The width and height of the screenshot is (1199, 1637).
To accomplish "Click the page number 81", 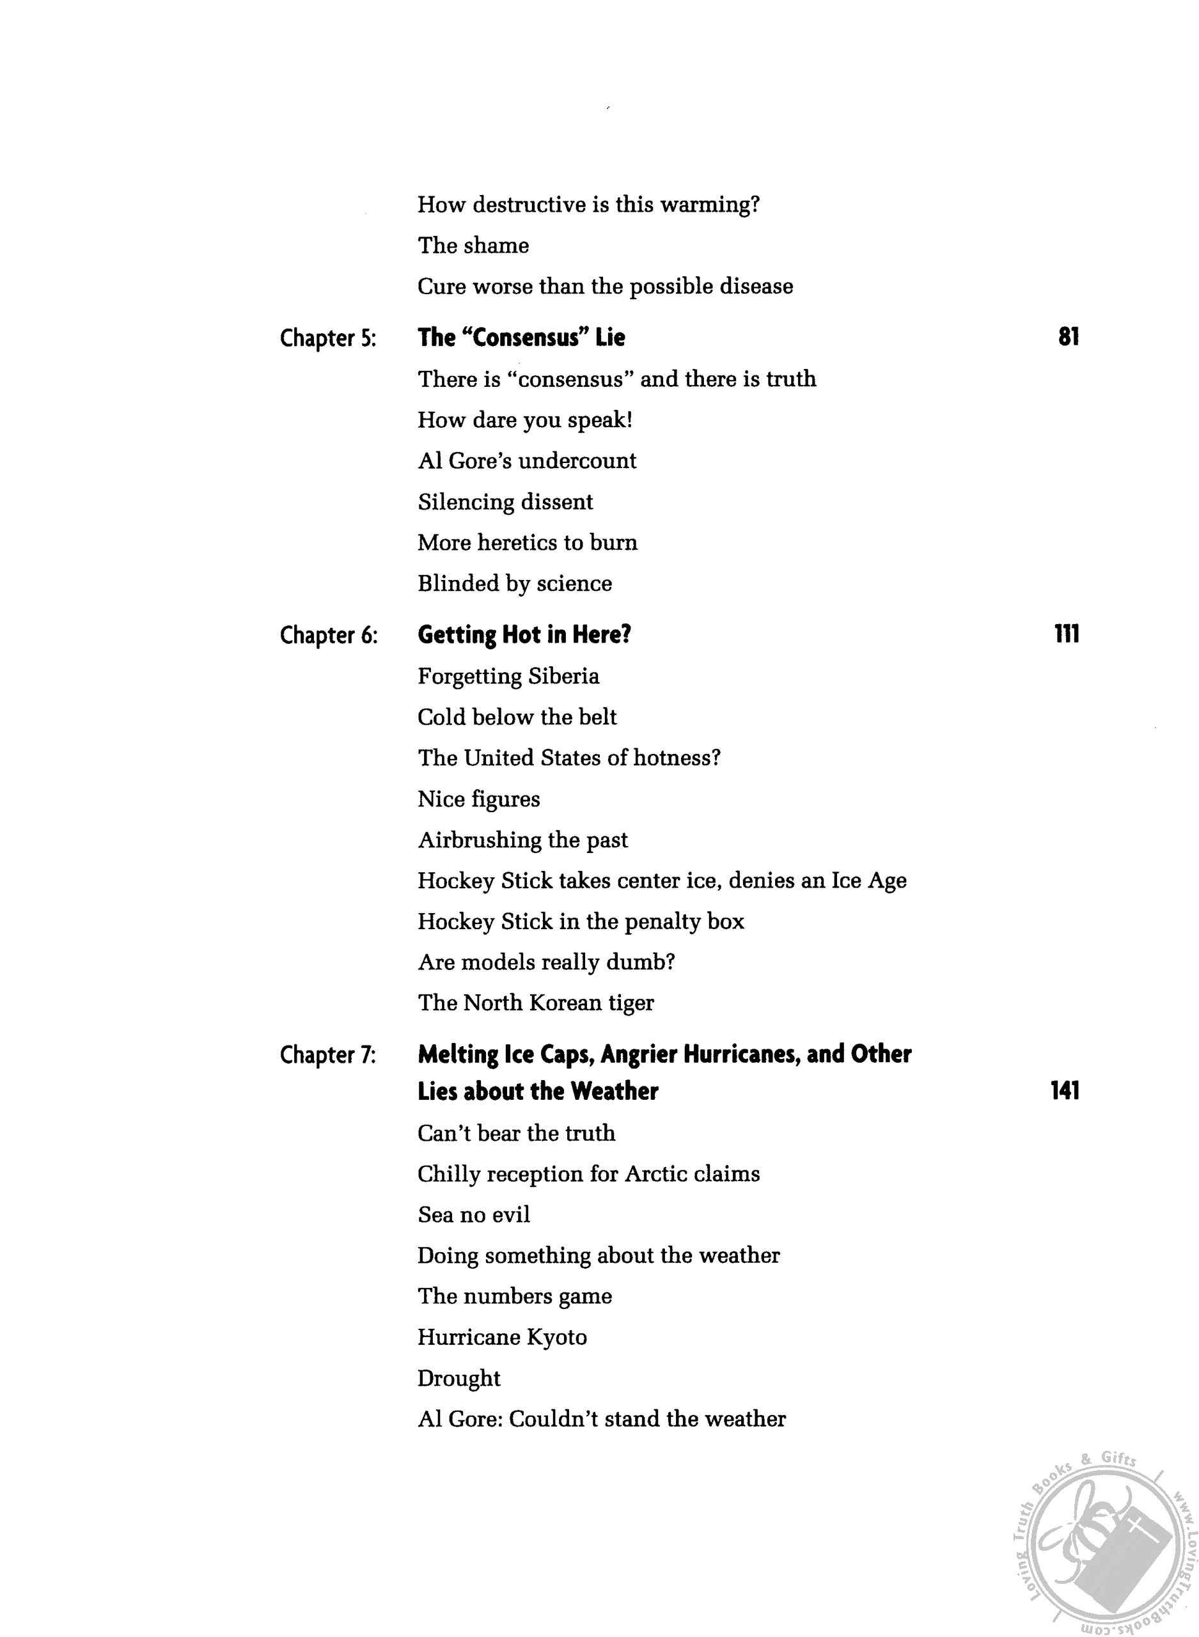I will click(1069, 338).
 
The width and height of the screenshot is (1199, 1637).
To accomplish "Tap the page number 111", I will click(1066, 635).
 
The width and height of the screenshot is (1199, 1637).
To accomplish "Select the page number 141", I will click(1065, 1092).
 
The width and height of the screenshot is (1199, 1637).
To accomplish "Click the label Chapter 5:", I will click(328, 338).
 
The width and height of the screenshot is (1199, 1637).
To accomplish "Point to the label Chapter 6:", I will click(328, 636).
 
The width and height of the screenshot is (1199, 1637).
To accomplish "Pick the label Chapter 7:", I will click(328, 1055).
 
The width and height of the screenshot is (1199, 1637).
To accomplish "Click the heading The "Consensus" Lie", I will click(521, 338).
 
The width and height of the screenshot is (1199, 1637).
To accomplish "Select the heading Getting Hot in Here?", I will click(524, 635).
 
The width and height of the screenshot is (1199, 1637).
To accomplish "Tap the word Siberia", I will click(563, 677).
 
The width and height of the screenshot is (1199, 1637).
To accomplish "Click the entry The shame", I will click(473, 246).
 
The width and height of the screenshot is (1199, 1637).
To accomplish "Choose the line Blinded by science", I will click(515, 583).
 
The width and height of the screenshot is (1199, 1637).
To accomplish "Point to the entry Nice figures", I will click(479, 799).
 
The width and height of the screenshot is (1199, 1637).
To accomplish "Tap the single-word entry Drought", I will click(458, 1379).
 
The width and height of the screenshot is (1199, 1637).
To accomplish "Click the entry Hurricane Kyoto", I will click(502, 1337).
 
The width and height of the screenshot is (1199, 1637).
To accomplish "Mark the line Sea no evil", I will click(473, 1215).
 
